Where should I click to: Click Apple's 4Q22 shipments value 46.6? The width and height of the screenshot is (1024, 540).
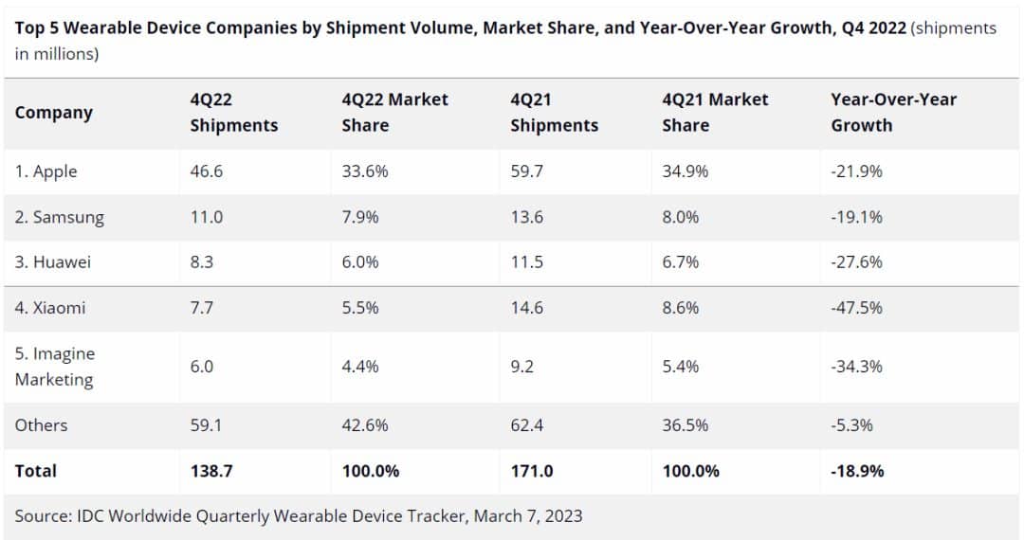[207, 171]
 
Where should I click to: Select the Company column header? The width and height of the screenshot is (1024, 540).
[54, 113]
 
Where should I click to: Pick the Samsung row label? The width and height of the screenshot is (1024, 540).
[60, 217]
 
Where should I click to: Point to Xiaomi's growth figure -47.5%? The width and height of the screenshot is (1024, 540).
[856, 308]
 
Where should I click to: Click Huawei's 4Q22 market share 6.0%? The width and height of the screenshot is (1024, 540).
[360, 262]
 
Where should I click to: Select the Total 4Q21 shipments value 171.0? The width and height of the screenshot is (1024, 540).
[532, 471]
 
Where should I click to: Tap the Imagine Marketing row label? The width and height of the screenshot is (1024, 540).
[54, 367]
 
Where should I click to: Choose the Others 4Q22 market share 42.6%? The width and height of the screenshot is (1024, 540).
[365, 425]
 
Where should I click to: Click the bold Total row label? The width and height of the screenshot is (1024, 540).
[36, 471]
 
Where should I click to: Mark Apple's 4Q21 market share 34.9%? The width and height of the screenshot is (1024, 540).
[686, 171]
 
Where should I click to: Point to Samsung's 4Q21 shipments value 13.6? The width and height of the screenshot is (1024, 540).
[526, 217]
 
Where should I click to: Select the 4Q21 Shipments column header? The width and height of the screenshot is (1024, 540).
[554, 112]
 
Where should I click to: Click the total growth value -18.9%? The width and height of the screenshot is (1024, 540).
[857, 471]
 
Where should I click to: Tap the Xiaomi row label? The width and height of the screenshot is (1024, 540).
[50, 308]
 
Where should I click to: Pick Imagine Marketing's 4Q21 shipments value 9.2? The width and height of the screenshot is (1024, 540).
[521, 367]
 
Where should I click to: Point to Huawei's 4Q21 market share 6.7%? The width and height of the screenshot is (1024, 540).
[681, 262]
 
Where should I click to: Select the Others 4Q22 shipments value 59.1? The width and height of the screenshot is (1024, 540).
[206, 425]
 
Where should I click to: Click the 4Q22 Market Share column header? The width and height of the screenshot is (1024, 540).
[394, 112]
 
